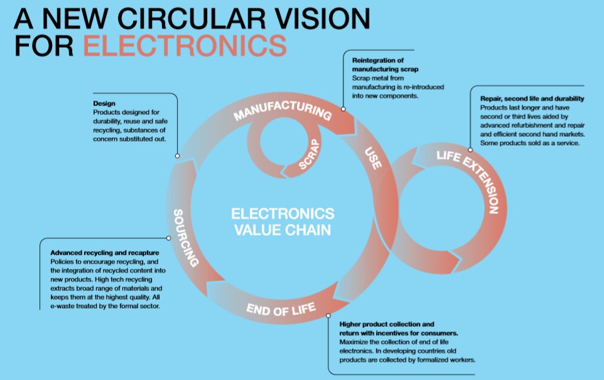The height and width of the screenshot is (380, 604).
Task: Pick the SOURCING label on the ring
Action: (x=186, y=238)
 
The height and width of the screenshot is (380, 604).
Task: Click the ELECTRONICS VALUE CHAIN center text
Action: (x=283, y=221)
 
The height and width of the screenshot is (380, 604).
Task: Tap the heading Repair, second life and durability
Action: (x=532, y=98)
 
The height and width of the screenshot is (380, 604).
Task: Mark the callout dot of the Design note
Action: (x=178, y=156)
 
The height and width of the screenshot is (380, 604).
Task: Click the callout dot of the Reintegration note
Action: (x=343, y=108)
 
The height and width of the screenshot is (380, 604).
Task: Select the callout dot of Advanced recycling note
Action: (x=169, y=238)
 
